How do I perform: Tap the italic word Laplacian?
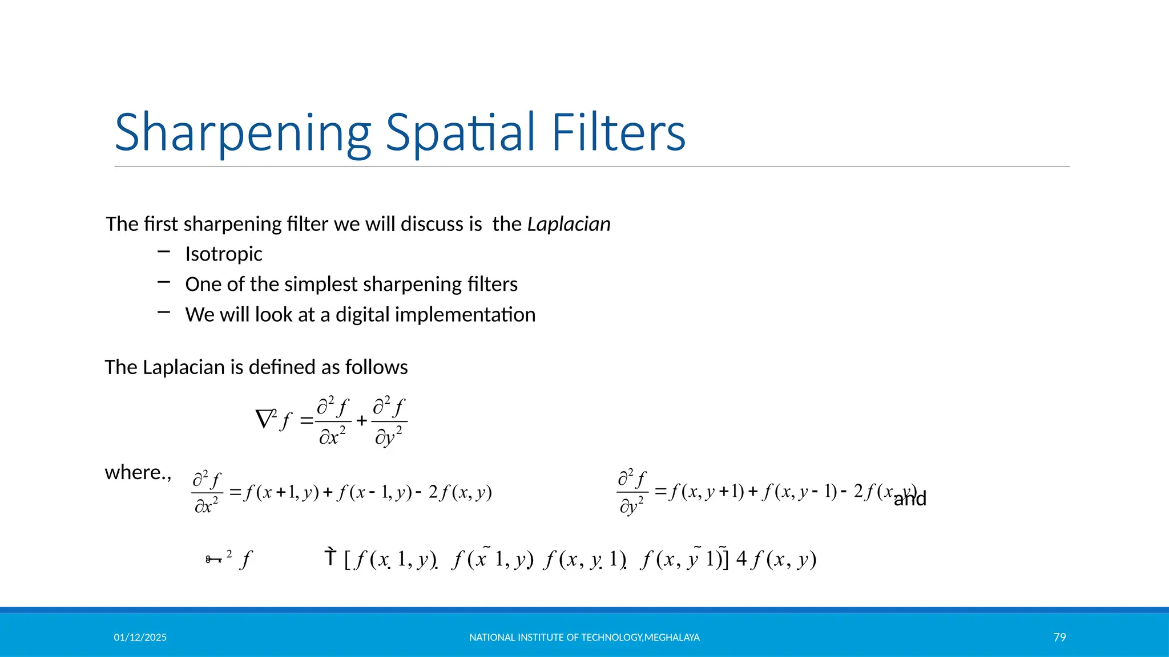(569, 224)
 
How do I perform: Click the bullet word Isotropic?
(224, 254)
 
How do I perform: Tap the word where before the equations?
(134, 472)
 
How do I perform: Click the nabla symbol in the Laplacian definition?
(265, 420)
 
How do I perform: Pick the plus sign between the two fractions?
(361, 421)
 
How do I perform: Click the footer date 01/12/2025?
(140, 637)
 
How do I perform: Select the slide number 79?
(1059, 637)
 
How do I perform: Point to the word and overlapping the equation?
(910, 499)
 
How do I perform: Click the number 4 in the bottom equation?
(741, 558)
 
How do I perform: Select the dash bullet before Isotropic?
(164, 252)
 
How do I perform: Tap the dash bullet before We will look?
(164, 312)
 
